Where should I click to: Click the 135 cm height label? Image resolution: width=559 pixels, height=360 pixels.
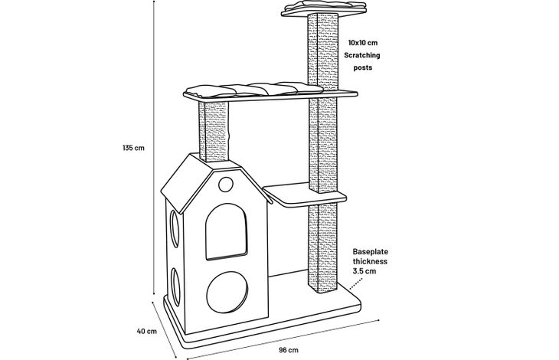coord(134,148)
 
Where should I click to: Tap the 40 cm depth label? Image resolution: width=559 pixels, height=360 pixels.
coord(146,331)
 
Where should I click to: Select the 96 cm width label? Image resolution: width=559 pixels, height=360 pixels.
coord(288,349)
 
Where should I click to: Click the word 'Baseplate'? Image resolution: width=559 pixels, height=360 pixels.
coord(371,250)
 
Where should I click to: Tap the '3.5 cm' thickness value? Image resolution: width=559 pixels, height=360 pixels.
coord(364,271)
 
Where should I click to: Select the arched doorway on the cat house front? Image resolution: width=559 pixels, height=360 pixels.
coord(228,230)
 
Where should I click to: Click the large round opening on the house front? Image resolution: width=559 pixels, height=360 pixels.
coord(228,290)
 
